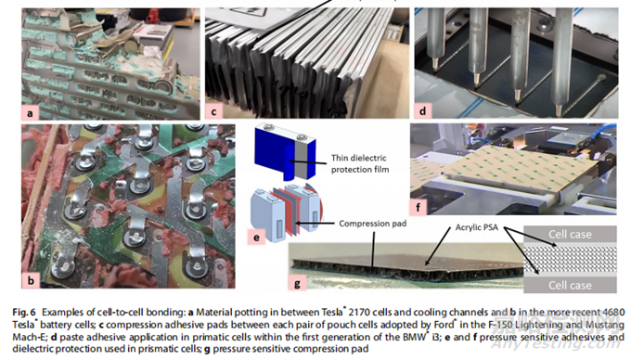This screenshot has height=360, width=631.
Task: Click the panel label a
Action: coord(30,113)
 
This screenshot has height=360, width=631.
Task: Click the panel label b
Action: coord(31,279)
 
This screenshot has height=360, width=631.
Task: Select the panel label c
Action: coord(213,112)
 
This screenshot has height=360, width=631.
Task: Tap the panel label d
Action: coord(422,110)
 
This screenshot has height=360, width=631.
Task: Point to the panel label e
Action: coord(256,237)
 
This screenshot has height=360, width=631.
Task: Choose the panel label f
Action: coord(419,207)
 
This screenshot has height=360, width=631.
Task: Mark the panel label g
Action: coord(297,284)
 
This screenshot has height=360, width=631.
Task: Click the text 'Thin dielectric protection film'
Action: coord(360,163)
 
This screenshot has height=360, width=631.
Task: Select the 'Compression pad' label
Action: coord(372,224)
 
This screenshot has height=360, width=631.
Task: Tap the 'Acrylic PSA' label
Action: coord(476,227)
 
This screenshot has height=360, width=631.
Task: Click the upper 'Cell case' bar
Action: coord(570,234)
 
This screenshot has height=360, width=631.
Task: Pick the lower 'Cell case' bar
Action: coord(570,285)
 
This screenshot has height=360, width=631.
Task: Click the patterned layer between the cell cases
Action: coord(570,260)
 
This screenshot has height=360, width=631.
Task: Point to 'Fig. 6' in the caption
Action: coord(24,312)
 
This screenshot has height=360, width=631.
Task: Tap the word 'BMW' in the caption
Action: coord(414,337)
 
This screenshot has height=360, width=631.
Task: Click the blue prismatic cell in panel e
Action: coord(285,151)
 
